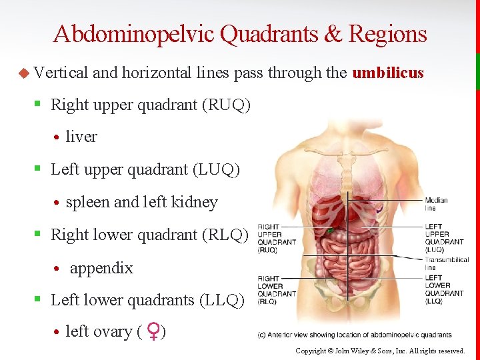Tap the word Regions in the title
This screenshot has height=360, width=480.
(387, 34)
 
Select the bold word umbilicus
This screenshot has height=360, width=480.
(388, 73)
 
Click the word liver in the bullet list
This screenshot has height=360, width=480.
(81, 137)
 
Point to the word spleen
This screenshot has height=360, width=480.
(88, 202)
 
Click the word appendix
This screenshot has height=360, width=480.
(101, 268)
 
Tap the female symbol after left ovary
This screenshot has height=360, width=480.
(153, 332)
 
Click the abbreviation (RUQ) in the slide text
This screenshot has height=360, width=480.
(229, 105)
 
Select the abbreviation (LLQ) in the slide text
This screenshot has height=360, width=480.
(222, 301)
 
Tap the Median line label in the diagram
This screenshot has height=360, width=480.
(436, 204)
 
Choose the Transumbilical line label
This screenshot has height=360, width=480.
(447, 263)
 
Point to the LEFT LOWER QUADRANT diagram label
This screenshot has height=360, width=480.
(444, 289)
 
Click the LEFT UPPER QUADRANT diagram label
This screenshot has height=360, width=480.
(444, 238)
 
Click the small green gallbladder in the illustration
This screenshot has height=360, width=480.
(329, 231)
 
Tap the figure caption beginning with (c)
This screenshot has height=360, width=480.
(355, 335)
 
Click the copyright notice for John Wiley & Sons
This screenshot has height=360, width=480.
(380, 351)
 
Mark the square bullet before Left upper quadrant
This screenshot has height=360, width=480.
(38, 170)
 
